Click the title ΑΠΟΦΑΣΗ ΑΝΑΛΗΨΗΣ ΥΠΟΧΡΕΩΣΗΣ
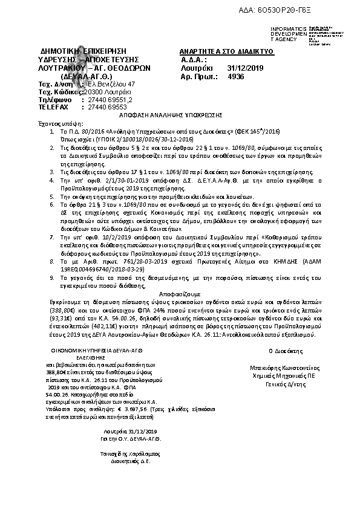(180, 114)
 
